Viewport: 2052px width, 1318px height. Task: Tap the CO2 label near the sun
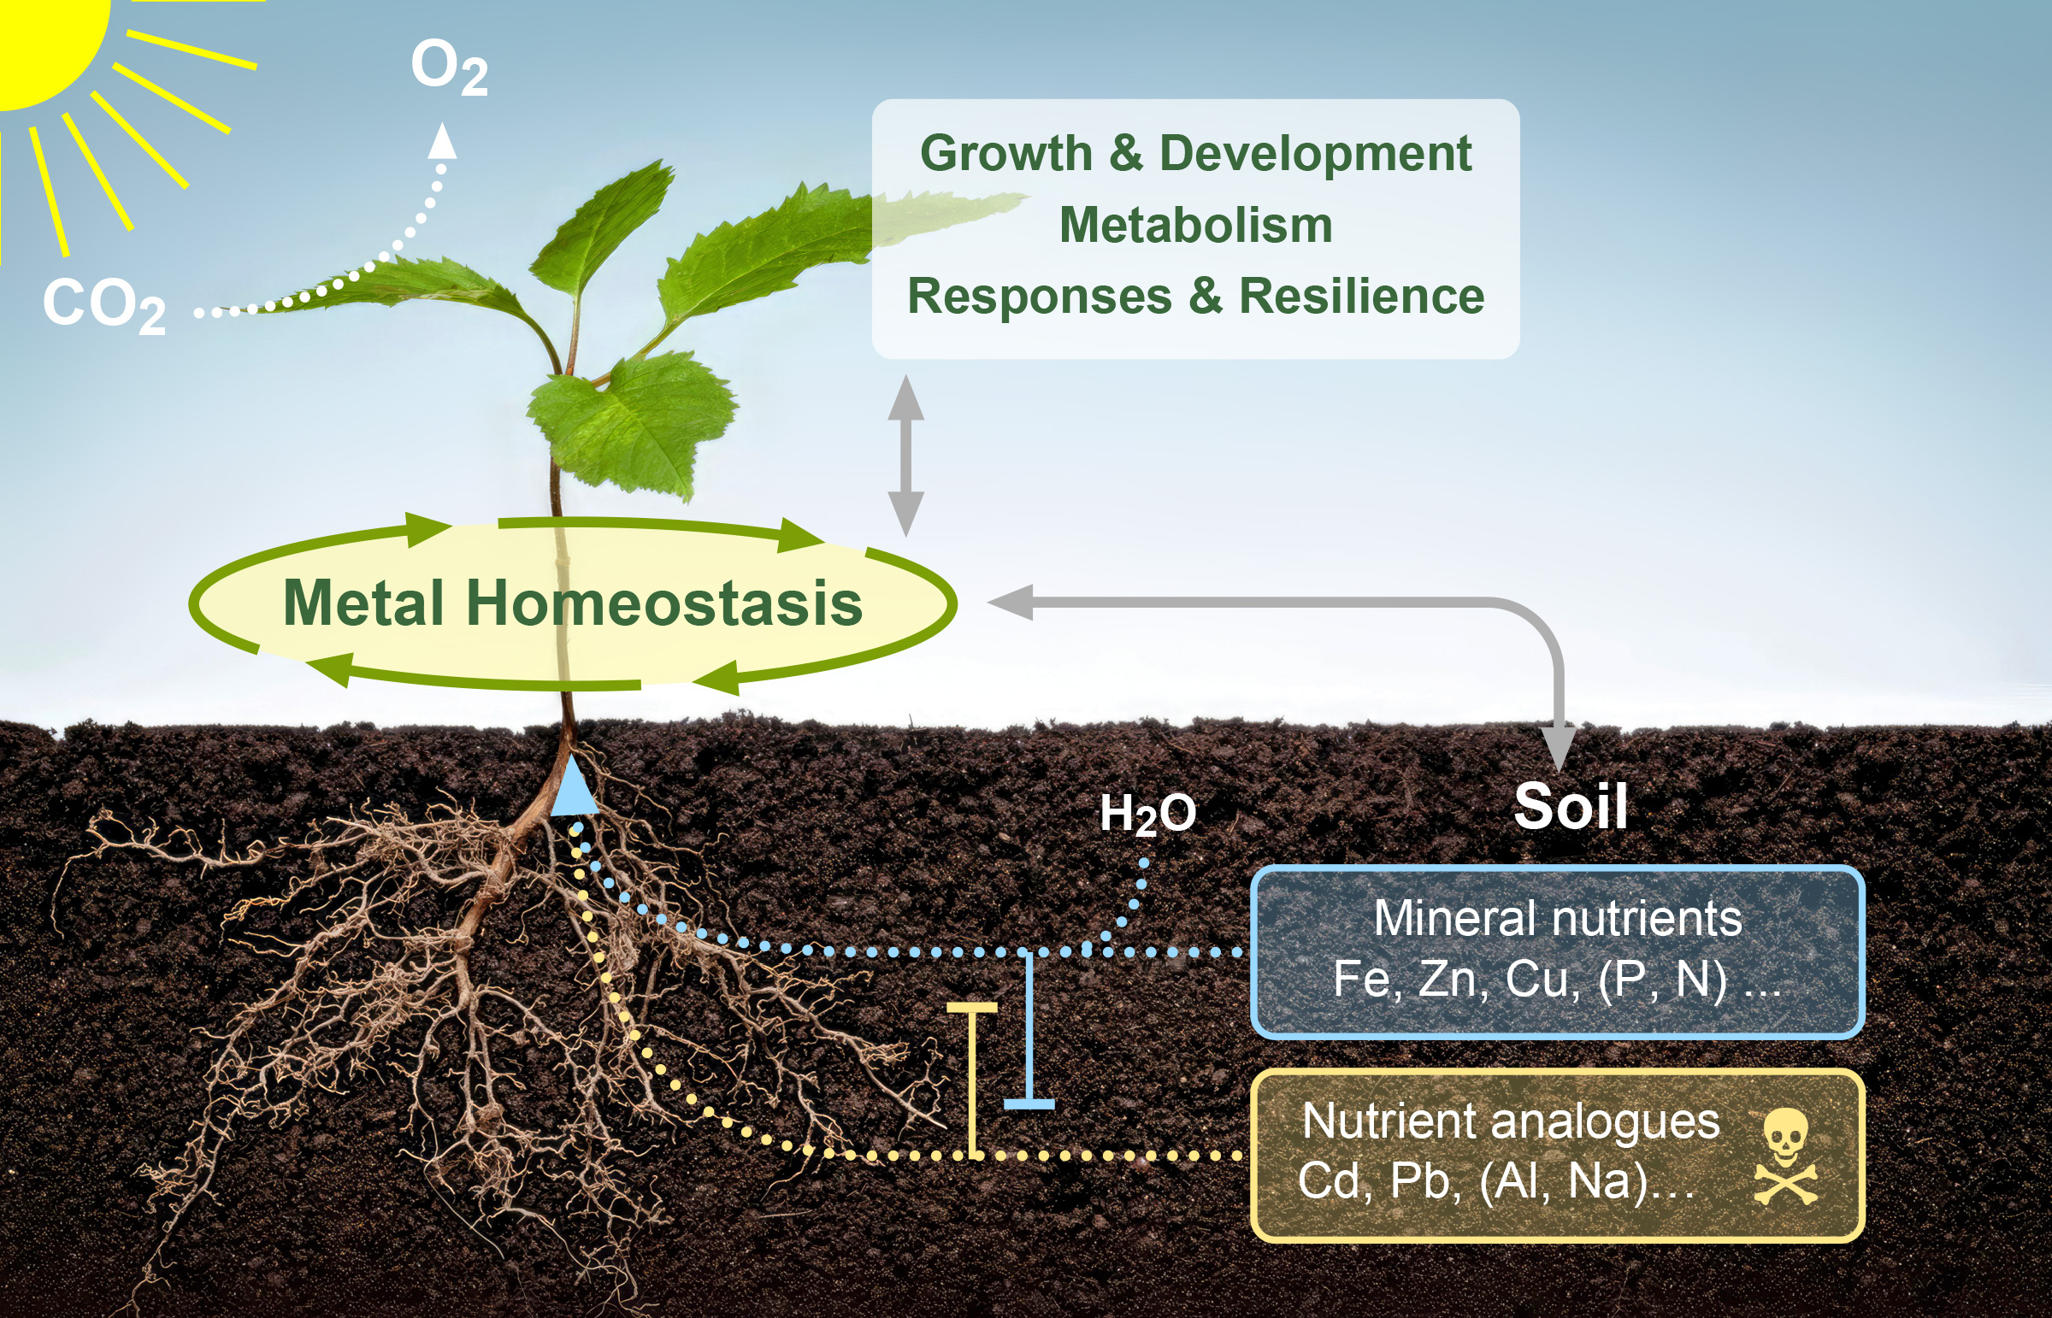click(103, 304)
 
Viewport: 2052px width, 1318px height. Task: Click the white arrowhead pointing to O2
click(442, 141)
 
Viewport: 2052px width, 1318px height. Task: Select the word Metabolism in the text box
click(1196, 225)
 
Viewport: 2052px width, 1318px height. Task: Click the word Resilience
click(1362, 296)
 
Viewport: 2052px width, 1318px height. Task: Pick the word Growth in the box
click(1005, 153)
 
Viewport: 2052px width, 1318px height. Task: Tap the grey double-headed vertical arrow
click(905, 456)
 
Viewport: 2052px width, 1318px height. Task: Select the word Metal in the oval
click(363, 603)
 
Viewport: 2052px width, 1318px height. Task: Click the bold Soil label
click(1570, 806)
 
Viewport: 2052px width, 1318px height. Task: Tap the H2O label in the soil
click(1147, 813)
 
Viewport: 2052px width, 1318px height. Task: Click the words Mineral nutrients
click(1557, 918)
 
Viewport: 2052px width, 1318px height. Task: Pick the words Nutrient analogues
click(1510, 1121)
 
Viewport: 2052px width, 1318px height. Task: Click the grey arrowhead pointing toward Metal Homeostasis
click(1010, 603)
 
